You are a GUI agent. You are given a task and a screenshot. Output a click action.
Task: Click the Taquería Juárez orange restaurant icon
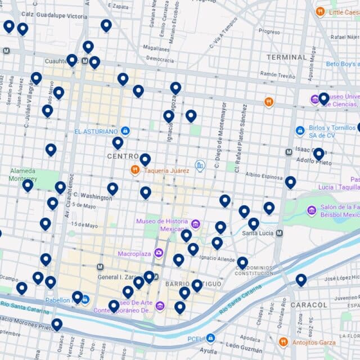pyautogui.click(x=135, y=169)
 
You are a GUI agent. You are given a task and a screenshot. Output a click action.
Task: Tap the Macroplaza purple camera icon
pyautogui.click(x=159, y=254)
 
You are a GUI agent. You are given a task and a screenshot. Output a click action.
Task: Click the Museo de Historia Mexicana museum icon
pyautogui.click(x=196, y=224)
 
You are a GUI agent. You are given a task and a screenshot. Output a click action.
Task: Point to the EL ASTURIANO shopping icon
pyautogui.click(x=125, y=131)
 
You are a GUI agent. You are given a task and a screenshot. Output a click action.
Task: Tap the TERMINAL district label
pyautogui.click(x=286, y=57)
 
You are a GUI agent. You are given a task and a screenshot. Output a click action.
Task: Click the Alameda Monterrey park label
pyautogui.click(x=22, y=174)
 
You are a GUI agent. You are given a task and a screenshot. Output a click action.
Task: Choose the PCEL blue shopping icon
pyautogui.click(x=210, y=338)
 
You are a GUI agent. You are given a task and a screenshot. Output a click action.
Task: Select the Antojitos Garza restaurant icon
pyautogui.click(x=283, y=341)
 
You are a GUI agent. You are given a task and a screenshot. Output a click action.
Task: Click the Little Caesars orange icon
pyautogui.click(x=320, y=11)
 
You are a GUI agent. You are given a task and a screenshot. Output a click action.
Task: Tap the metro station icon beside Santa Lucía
pyautogui.click(x=280, y=232)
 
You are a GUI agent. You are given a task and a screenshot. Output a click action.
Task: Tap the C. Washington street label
pyautogui.click(x=92, y=197)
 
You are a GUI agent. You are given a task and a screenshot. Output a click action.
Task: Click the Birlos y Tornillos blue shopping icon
pyautogui.click(x=300, y=130)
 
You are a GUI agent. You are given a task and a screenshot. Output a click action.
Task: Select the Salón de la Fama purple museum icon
pyautogui.click(x=312, y=210)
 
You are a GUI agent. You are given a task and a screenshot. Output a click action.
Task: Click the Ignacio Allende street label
pyautogui.click(x=217, y=258)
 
